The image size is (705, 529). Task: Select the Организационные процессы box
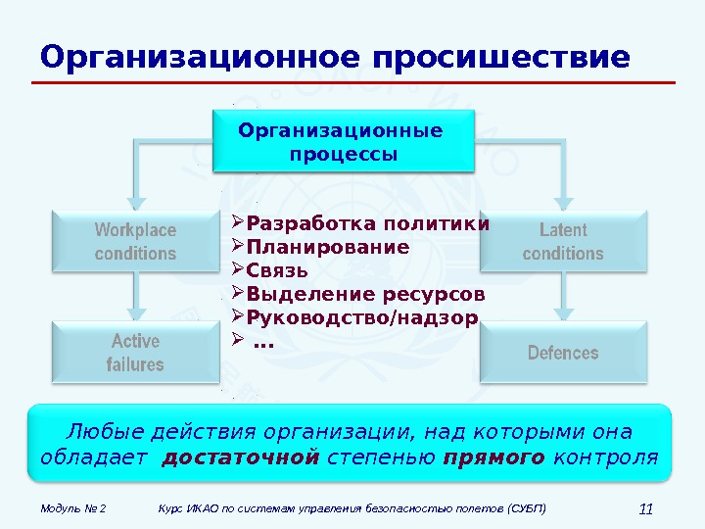click(343, 143)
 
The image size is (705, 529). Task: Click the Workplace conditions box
click(135, 241)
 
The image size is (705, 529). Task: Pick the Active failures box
click(135, 353)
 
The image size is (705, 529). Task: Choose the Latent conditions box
click(563, 241)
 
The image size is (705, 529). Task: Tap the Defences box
click(563, 353)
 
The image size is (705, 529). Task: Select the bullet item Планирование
click(327, 247)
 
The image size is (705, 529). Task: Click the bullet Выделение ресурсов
click(365, 294)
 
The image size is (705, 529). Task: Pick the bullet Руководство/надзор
click(362, 317)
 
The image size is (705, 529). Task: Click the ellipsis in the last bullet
click(263, 343)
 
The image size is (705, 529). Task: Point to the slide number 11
click(644, 507)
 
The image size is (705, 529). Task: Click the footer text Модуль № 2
click(73, 508)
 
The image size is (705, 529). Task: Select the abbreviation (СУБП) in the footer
click(527, 508)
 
